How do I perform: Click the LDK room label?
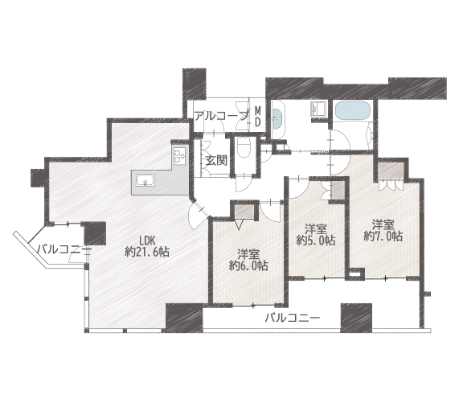[147, 241]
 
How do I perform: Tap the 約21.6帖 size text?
[147, 252]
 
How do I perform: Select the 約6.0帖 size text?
[248, 265]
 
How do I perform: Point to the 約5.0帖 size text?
[316, 241]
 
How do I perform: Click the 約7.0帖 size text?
[383, 236]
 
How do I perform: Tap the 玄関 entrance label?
[216, 160]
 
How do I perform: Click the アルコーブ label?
[221, 117]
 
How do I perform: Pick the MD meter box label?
[257, 117]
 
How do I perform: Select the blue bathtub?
[353, 110]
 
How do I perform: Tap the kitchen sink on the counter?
[145, 180]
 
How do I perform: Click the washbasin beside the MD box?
[278, 119]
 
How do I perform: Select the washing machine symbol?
[318, 109]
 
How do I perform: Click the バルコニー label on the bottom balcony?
[292, 318]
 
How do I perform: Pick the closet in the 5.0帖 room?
[338, 191]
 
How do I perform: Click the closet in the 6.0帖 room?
[244, 212]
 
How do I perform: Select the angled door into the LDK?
[198, 216]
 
